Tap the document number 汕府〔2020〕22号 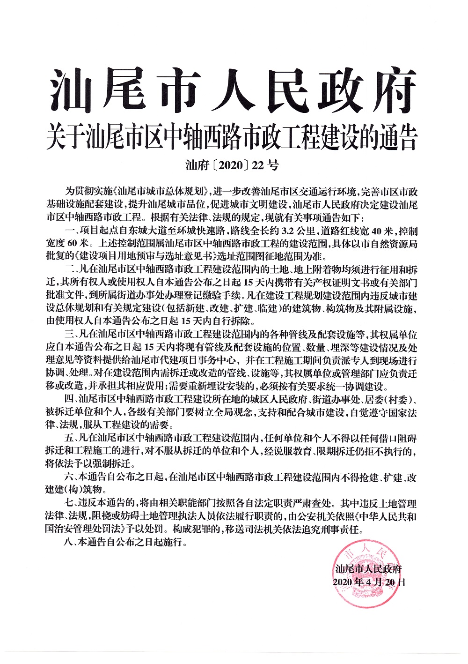pos(232,165)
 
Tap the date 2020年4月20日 pos(369,582)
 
